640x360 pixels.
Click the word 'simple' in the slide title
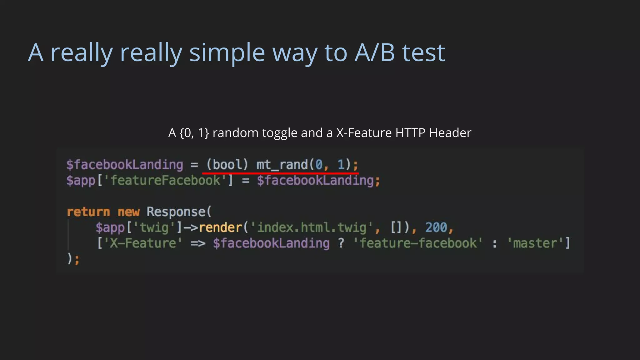tap(227, 53)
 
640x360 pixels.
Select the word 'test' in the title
tap(423, 53)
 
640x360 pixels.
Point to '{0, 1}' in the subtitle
tap(194, 133)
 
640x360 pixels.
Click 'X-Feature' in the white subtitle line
tap(364, 133)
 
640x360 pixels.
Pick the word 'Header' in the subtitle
tap(450, 133)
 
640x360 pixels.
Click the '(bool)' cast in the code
tap(227, 164)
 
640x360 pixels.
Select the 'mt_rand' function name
tap(282, 164)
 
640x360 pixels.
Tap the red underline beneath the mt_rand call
tap(280, 172)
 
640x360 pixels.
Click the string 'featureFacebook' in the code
tap(166, 180)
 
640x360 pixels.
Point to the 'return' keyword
tap(88, 212)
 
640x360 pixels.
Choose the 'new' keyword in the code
tap(128, 212)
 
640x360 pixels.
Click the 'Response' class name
tap(176, 212)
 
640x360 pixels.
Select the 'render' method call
tap(221, 227)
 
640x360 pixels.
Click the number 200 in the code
tap(436, 227)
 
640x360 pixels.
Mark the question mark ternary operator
tap(341, 243)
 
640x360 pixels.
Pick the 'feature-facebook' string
tap(418, 243)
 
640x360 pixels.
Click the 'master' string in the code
tap(535, 243)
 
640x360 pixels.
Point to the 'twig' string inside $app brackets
tap(154, 227)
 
